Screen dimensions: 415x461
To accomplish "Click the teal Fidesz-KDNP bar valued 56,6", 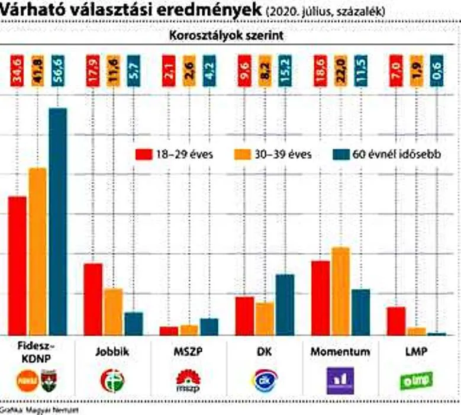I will click(58, 222).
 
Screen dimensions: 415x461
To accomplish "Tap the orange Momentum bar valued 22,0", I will click(340, 291).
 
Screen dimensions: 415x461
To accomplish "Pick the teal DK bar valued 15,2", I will click(285, 304).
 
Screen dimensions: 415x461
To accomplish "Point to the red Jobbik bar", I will click(93, 299).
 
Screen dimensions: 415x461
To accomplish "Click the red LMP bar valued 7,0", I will click(396, 321).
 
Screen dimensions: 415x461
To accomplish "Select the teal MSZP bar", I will click(209, 327).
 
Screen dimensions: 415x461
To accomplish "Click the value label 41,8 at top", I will click(37, 71).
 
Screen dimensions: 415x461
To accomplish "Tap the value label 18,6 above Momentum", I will click(321, 71).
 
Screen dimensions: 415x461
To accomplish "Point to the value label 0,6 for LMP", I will click(436, 71).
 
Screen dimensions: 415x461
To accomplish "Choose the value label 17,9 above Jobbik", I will click(93, 71).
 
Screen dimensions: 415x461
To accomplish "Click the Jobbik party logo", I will click(112, 379).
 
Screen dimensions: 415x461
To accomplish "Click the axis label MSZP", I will click(189, 352).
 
